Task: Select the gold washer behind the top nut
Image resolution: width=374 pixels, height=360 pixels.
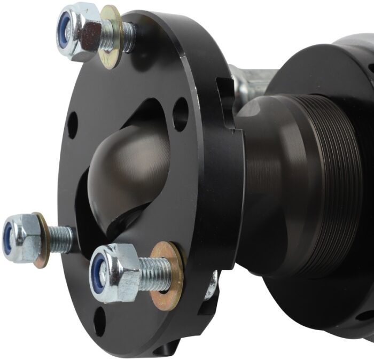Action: click(x=112, y=36)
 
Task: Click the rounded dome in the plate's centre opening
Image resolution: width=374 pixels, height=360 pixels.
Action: click(x=128, y=171)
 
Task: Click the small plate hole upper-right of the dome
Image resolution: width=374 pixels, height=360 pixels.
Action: click(x=181, y=114)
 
